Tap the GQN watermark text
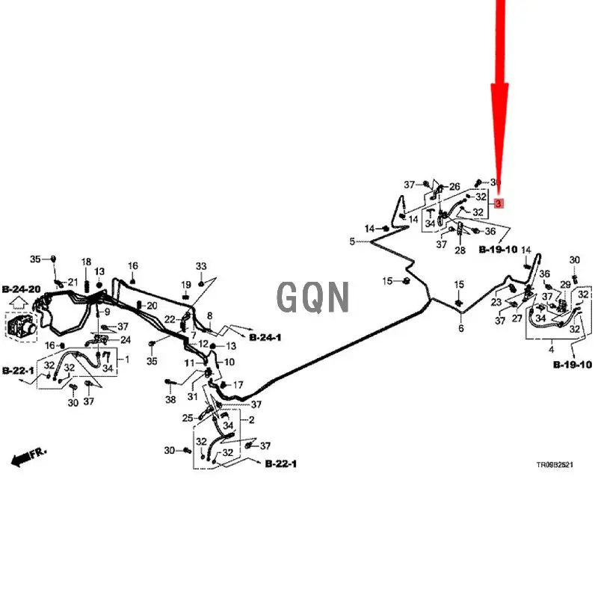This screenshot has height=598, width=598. (314, 296)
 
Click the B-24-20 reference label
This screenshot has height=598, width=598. (22, 289)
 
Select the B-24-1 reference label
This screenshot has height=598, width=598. (265, 338)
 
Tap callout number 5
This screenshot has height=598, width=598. (352, 241)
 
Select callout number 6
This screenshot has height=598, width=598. (461, 328)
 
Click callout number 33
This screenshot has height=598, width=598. (201, 267)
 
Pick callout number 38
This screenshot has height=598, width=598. (170, 399)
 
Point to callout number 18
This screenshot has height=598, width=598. (87, 262)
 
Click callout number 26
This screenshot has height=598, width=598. (454, 186)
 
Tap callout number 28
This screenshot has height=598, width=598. (460, 250)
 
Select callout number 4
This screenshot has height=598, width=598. (552, 350)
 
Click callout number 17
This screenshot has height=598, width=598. (238, 386)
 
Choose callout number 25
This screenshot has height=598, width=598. (188, 418)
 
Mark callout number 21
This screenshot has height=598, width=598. (73, 281)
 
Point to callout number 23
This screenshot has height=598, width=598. (496, 303)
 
